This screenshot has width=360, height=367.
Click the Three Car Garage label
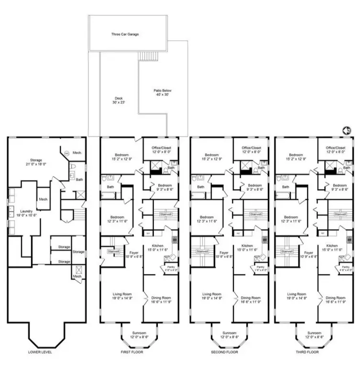tap(125, 34)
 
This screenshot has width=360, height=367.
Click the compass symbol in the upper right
tap(347, 130)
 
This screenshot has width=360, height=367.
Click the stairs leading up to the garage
tap(145, 56)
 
